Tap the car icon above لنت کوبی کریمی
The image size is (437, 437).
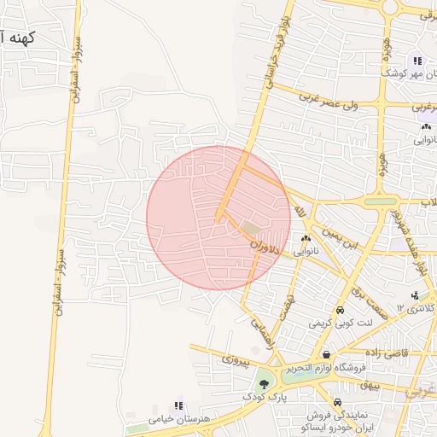pyautogui.click(x=341, y=311)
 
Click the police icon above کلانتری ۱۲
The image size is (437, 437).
pyautogui.click(x=415, y=296)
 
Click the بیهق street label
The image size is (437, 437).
pyautogui.click(x=369, y=385)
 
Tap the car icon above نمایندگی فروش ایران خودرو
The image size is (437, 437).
pyautogui.click(x=338, y=402)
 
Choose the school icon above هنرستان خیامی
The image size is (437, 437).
pyautogui.click(x=178, y=405)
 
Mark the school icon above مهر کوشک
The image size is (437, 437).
pyautogui.click(x=417, y=61)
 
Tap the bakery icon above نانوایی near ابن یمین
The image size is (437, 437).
pyautogui.click(x=305, y=239)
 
